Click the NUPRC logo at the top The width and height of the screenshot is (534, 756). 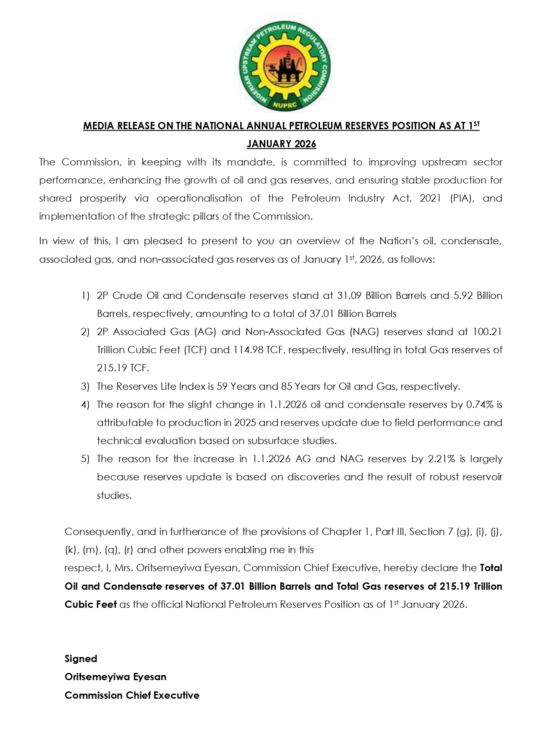(x=284, y=66)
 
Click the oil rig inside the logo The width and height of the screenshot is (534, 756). (x=285, y=66)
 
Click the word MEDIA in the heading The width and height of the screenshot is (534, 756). (x=97, y=126)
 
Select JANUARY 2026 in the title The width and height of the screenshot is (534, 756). (x=281, y=144)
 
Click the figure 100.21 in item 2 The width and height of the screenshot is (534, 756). (x=487, y=332)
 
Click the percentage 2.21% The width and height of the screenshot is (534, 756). (x=441, y=459)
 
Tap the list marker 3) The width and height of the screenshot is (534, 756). (x=85, y=386)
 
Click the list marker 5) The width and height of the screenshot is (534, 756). (x=85, y=459)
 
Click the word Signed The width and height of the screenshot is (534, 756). (x=81, y=659)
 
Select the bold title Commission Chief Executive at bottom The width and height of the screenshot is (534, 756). (x=132, y=695)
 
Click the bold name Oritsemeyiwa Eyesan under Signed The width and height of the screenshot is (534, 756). (x=115, y=677)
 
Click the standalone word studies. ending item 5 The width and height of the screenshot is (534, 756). (x=114, y=495)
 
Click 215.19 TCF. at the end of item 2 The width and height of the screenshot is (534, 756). (x=123, y=368)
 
